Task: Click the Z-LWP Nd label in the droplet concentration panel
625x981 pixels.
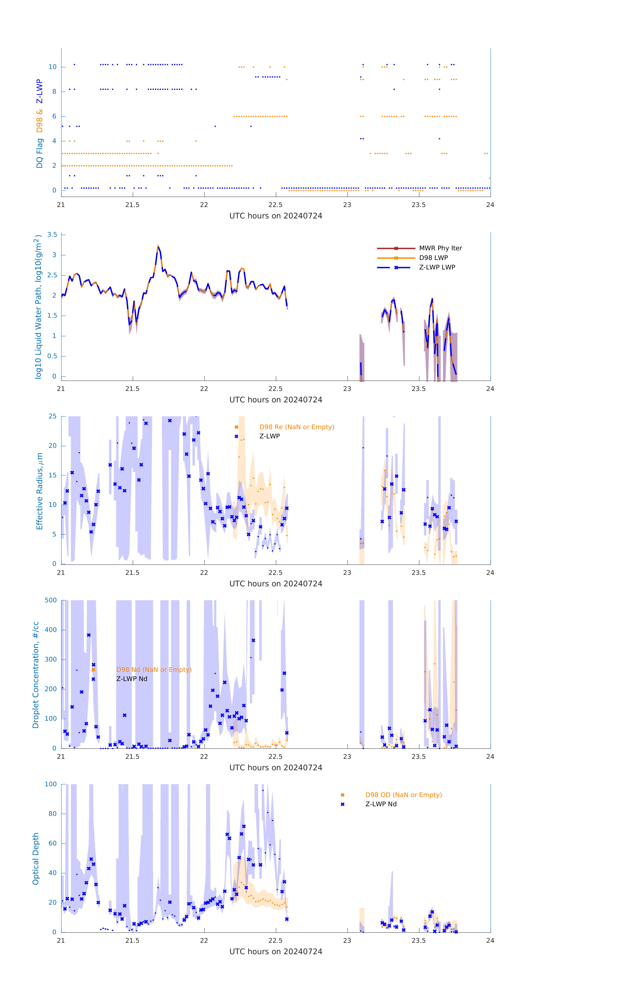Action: click(x=132, y=679)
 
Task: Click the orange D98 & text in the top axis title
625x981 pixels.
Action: click(x=40, y=121)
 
